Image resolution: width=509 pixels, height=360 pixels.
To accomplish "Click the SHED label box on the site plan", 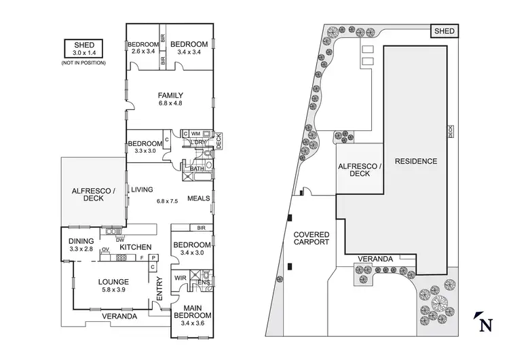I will (x=445, y=31).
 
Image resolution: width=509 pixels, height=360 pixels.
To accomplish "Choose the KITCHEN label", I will (x=136, y=247).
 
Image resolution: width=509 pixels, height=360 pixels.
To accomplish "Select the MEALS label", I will (x=197, y=198).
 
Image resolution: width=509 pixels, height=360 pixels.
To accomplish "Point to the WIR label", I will (x=181, y=278).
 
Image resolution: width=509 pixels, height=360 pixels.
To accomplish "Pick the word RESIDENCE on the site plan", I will (x=416, y=162).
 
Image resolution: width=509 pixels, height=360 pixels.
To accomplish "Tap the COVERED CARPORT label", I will (x=311, y=238).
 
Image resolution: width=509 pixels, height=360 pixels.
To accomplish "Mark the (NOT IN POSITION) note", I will (x=83, y=62).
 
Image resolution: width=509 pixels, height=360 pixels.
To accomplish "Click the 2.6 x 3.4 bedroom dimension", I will (x=143, y=51).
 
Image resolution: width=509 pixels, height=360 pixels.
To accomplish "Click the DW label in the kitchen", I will (x=119, y=239).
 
